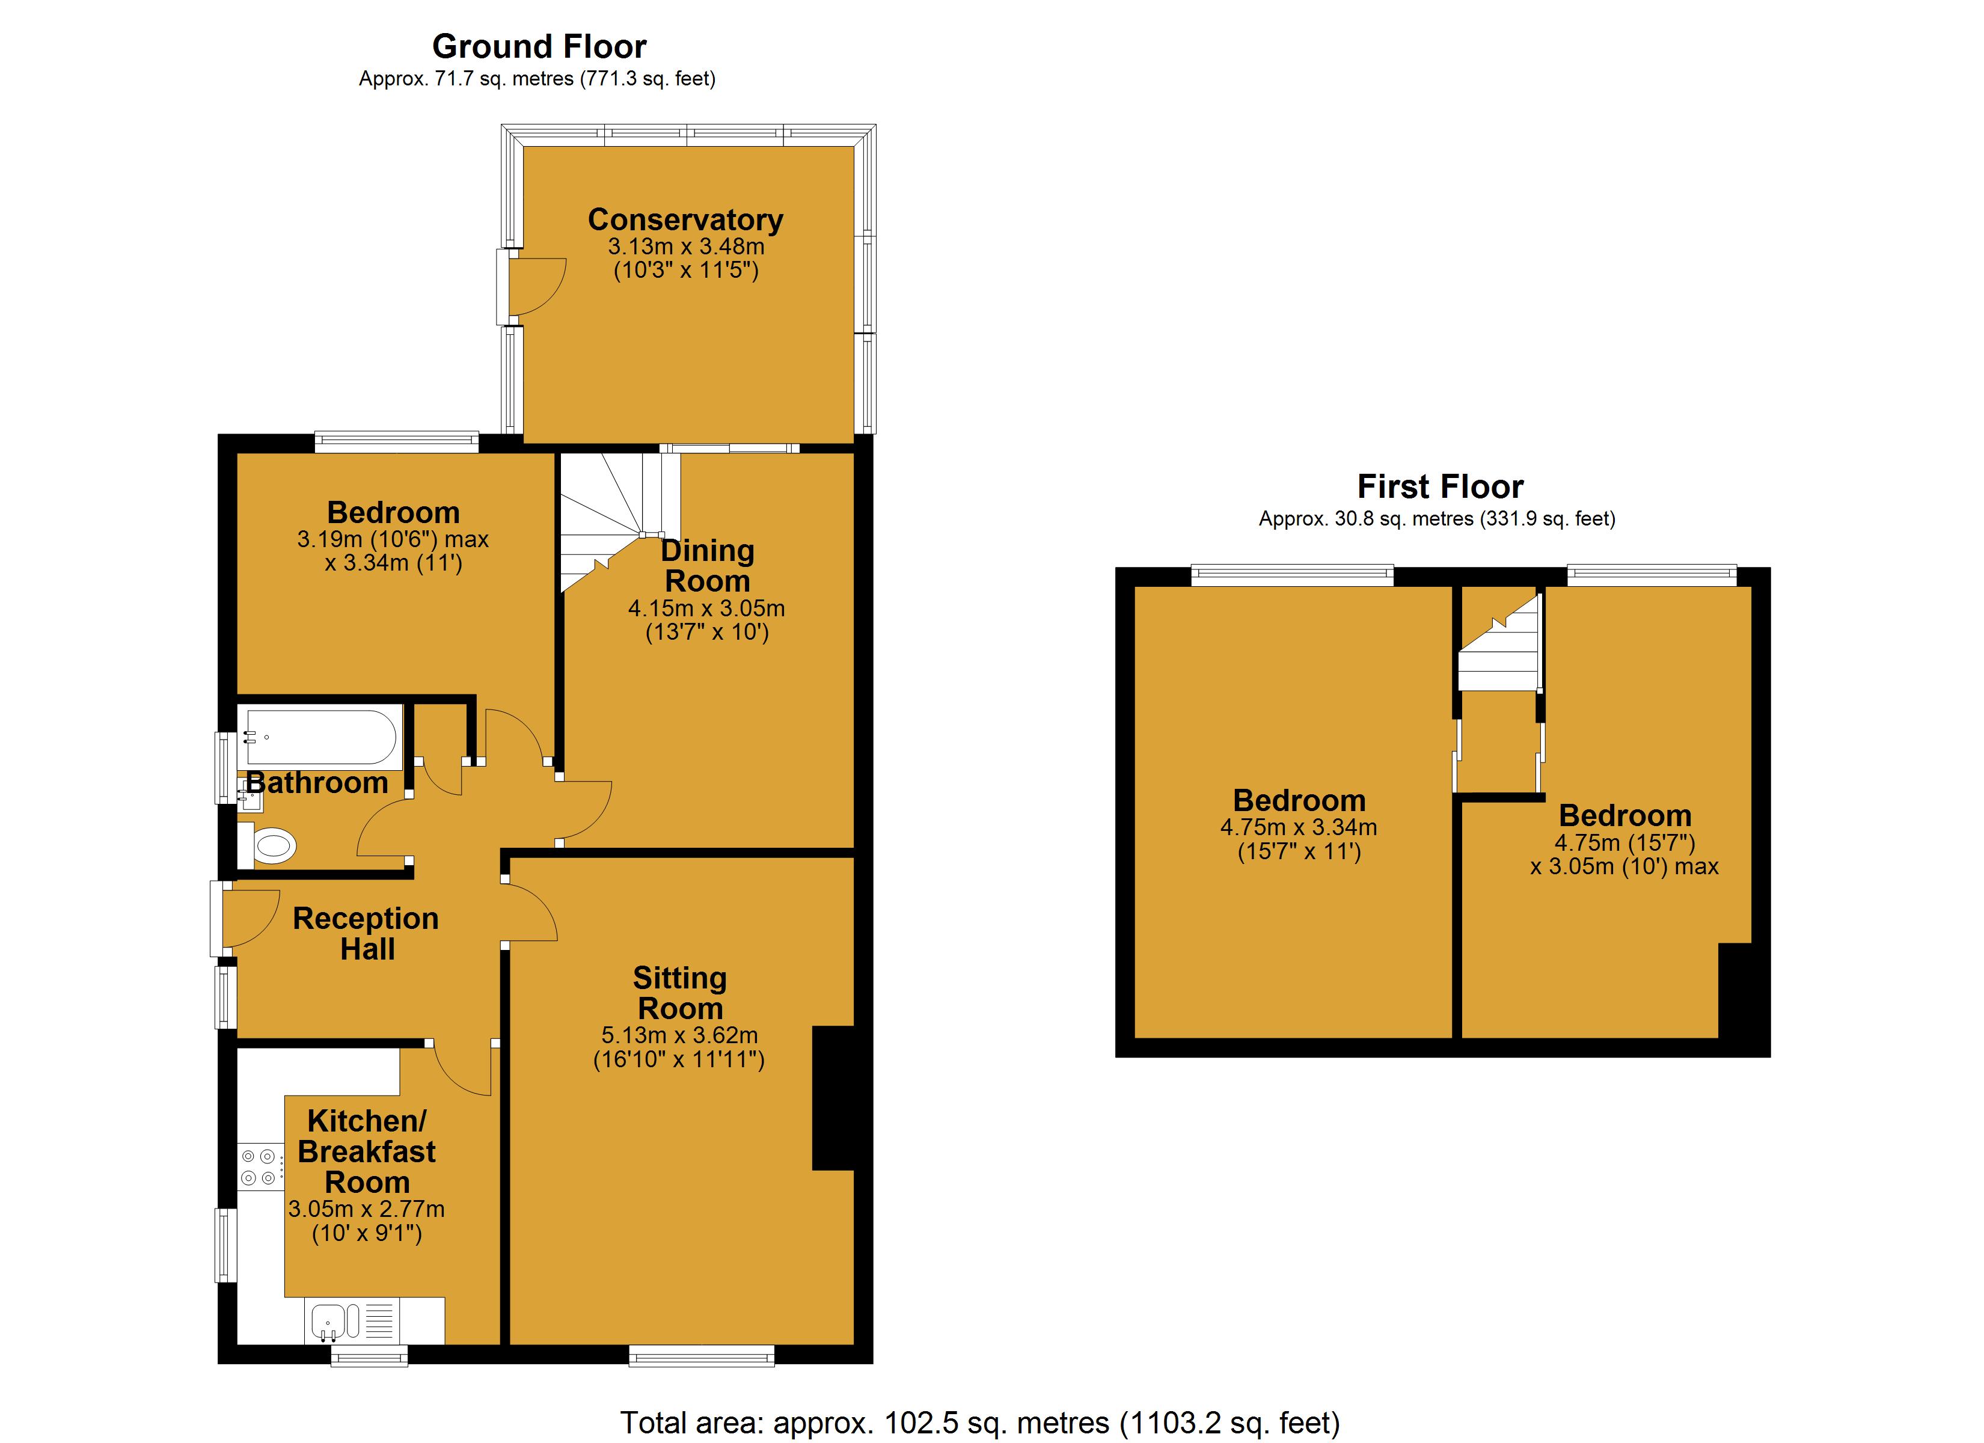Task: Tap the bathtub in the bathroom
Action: [x=320, y=738]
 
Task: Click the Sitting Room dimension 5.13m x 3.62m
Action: [x=680, y=1035]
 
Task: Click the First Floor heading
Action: [x=1440, y=486]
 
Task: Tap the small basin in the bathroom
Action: [x=250, y=797]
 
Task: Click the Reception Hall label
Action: [x=366, y=933]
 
